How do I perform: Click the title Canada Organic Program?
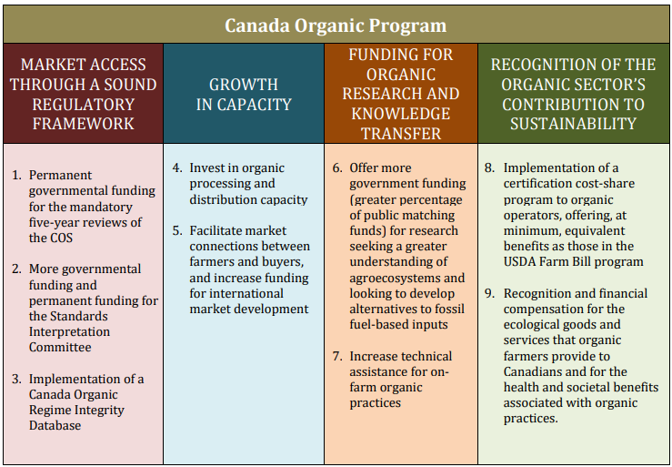pos(336,25)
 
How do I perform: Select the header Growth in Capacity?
pos(244,95)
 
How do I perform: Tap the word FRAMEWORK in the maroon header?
pos(83,124)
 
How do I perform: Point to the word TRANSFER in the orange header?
pos(401,134)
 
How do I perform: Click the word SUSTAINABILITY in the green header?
pos(573,124)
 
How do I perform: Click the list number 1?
pos(16,175)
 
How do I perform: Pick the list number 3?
pos(16,379)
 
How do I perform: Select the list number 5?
pos(177,231)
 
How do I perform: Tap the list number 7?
pos(337,356)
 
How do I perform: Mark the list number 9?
pos(490,294)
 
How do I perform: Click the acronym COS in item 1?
pos(61,238)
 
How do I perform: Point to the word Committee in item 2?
pos(60,347)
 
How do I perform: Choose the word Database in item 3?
pos(55,425)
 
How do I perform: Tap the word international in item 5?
pos(236,294)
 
